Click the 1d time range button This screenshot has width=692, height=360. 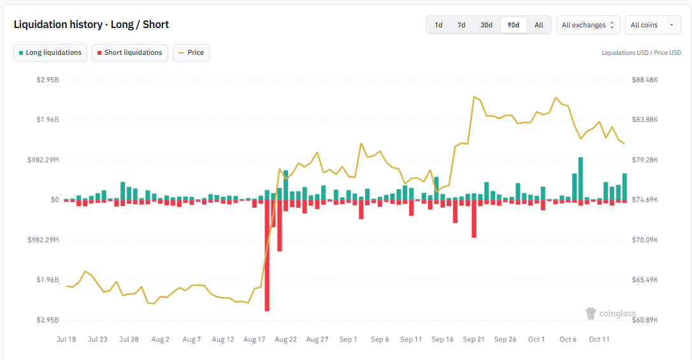[x=438, y=25]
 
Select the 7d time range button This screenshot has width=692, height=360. [x=461, y=25]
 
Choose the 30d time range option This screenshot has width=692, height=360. [x=486, y=25]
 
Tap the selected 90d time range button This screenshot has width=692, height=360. [x=513, y=25]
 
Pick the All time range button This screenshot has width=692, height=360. [x=539, y=25]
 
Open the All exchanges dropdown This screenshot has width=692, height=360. [x=588, y=25]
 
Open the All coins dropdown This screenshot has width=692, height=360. [x=652, y=25]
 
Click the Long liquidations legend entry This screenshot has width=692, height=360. [x=50, y=52]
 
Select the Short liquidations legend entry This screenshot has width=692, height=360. [x=130, y=52]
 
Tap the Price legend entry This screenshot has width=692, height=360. [x=191, y=52]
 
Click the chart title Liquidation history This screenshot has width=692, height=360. [x=58, y=25]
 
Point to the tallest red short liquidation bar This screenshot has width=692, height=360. [x=267, y=256]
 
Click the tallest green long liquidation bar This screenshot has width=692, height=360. [x=580, y=178]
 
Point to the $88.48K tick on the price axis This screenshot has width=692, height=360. [x=645, y=80]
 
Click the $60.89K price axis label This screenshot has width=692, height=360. [x=645, y=320]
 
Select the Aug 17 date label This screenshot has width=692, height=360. [x=254, y=339]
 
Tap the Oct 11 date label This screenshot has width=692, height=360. [x=599, y=339]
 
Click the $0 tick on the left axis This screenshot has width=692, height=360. [x=55, y=200]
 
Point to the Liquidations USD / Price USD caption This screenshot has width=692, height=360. [x=641, y=52]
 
